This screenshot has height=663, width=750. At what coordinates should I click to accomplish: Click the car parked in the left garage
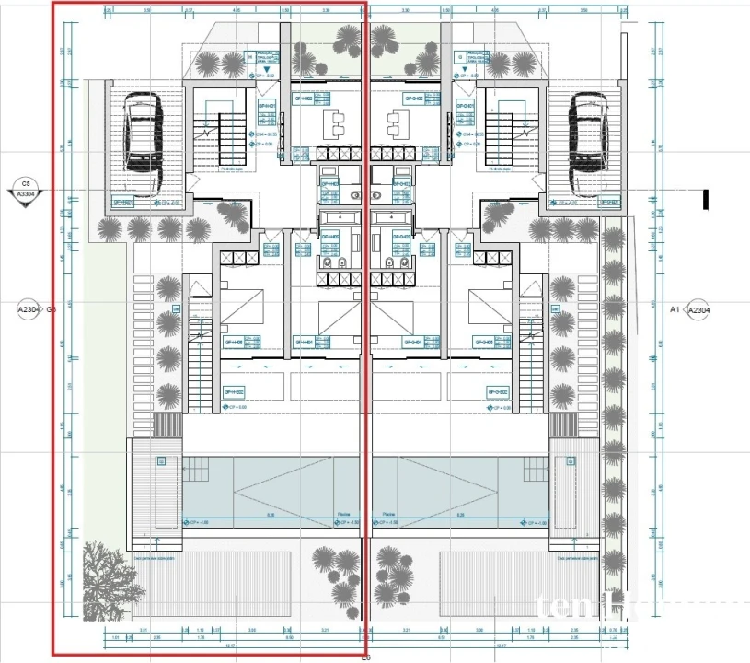point(143,136)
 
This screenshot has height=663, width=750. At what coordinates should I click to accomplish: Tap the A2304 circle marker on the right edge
point(699,310)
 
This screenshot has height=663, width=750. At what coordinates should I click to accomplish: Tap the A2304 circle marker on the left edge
point(29,310)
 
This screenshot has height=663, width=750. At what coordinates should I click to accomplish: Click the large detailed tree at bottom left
point(109,578)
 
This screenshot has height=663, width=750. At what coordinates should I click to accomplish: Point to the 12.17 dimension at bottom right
point(502,646)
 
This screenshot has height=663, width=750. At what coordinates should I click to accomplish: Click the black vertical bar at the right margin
point(706,199)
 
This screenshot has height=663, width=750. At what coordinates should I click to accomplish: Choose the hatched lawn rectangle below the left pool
point(212,585)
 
